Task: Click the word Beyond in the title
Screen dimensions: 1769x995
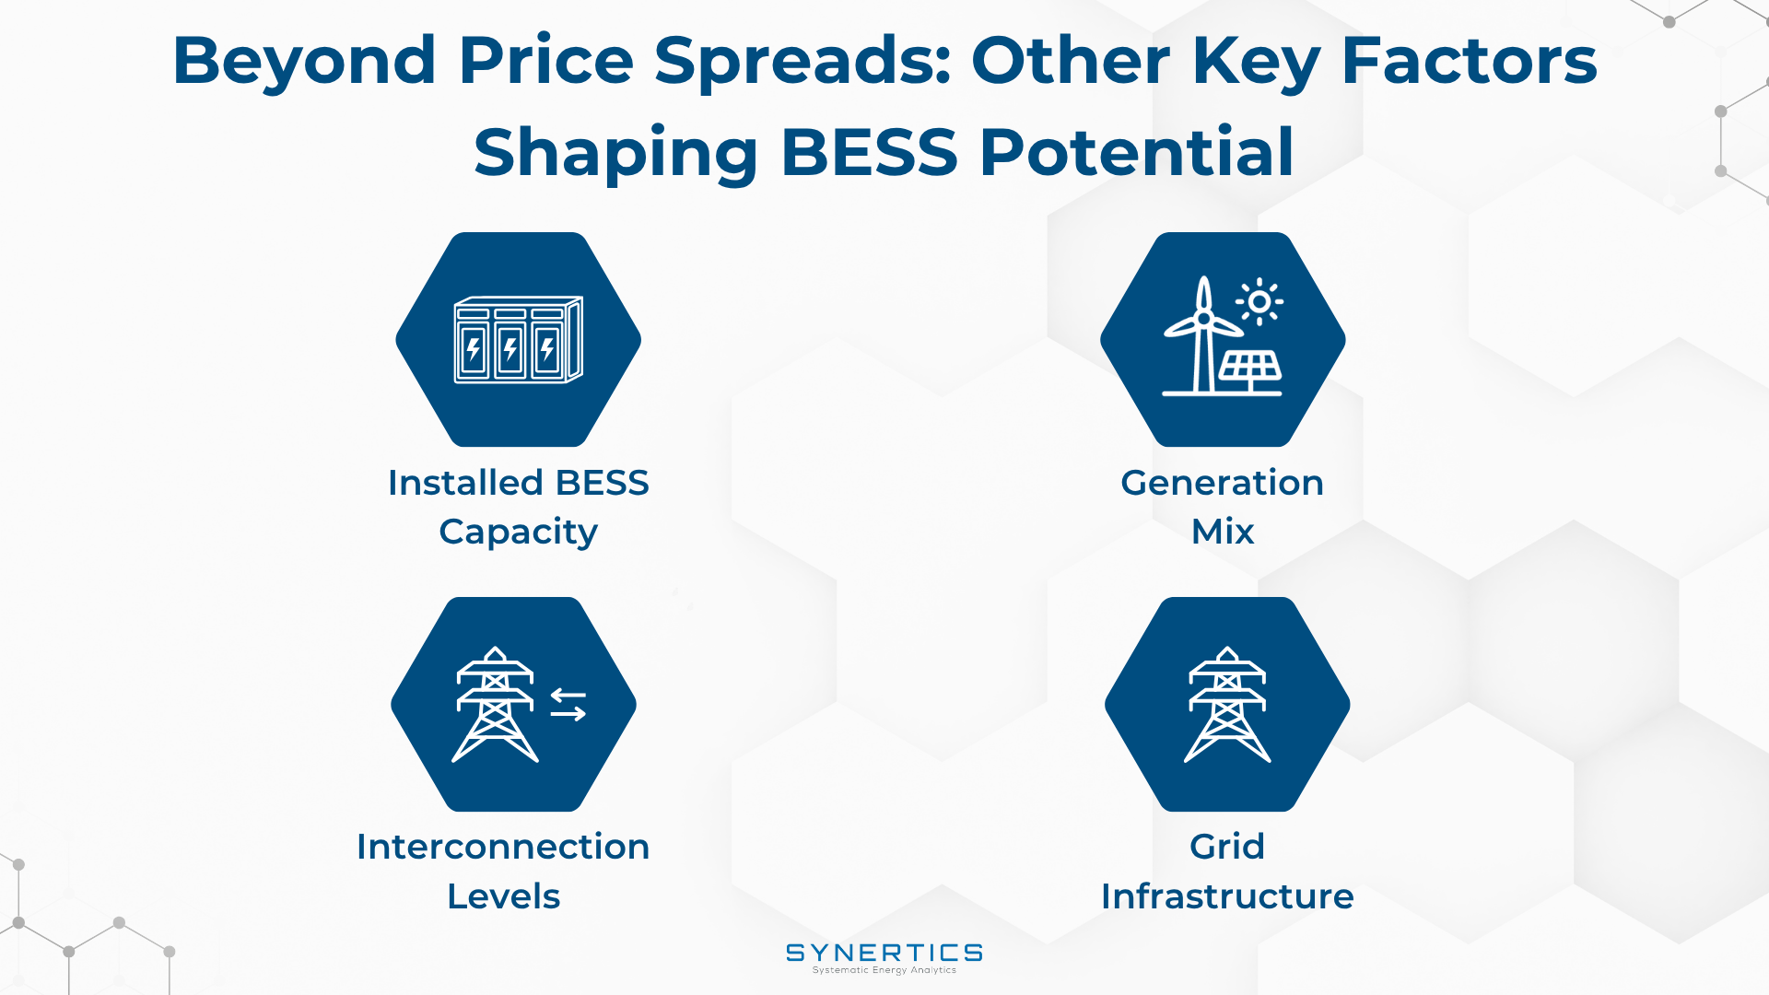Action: point(304,62)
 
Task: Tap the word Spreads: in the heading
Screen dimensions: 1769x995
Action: point(802,61)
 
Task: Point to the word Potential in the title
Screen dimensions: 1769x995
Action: point(1137,151)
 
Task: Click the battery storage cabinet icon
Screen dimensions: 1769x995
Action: point(519,339)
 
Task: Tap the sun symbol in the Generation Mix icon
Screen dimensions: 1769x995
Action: point(1259,301)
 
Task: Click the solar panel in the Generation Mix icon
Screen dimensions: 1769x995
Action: point(1250,369)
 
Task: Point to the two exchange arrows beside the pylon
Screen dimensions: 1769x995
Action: point(568,705)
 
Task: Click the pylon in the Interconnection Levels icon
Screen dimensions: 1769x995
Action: point(495,704)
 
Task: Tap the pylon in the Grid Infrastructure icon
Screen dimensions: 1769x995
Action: point(1227,704)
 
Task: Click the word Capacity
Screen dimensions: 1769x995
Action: point(519,533)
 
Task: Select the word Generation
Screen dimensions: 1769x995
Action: point(1222,483)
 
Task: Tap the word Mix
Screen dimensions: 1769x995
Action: point(1223,532)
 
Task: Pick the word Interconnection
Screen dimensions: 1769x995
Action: point(503,847)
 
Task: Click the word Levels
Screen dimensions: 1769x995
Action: point(504,896)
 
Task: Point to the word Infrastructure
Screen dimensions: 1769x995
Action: point(1227,896)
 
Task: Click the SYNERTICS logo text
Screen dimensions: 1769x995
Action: point(884,953)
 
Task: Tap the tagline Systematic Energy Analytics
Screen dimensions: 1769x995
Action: point(884,970)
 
